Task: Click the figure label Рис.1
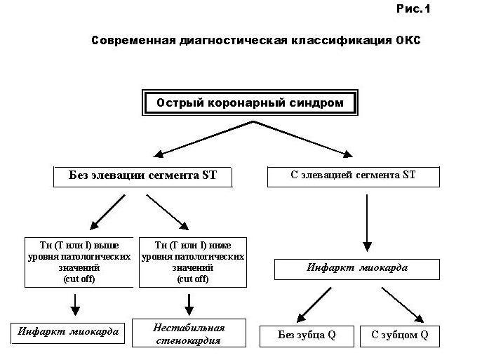click(x=413, y=8)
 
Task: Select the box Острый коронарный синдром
click(x=250, y=102)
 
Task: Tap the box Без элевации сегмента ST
click(x=142, y=177)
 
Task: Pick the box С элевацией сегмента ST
click(x=354, y=177)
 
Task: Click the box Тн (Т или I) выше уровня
click(x=79, y=262)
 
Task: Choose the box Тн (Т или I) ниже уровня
click(x=193, y=262)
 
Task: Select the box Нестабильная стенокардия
click(x=189, y=333)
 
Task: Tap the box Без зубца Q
click(x=307, y=336)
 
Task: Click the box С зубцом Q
click(x=400, y=336)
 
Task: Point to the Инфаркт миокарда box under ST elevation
click(x=357, y=269)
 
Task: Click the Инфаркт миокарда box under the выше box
click(x=67, y=333)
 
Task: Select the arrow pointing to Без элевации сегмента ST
click(x=203, y=139)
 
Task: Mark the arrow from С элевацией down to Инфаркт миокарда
click(x=367, y=223)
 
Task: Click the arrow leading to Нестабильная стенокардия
click(x=189, y=305)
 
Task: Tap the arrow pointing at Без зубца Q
click(x=314, y=305)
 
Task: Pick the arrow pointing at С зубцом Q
click(x=403, y=305)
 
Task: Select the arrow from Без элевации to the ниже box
click(x=168, y=212)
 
